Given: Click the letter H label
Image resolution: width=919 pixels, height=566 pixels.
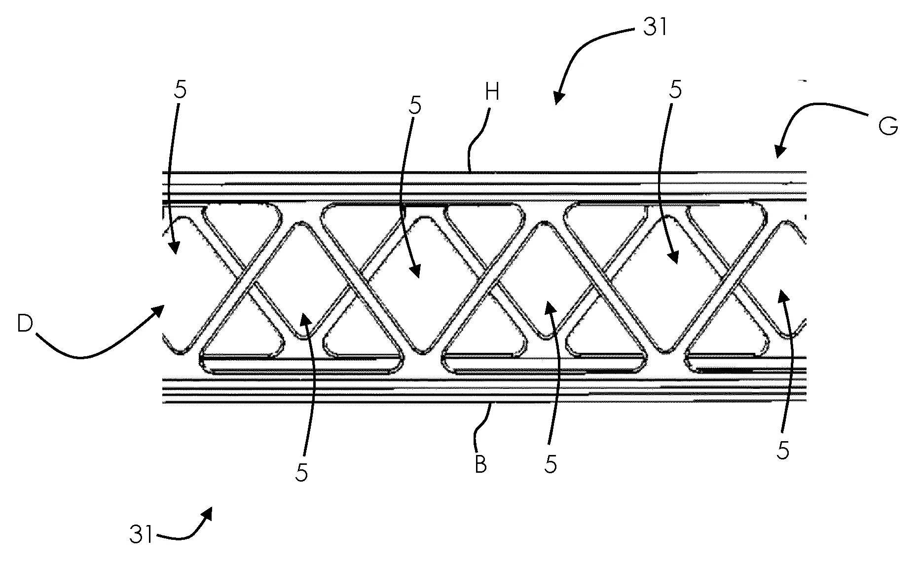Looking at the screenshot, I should [492, 93].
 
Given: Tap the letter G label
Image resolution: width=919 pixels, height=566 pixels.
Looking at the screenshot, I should [888, 126].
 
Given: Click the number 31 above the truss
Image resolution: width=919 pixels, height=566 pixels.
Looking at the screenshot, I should [655, 28].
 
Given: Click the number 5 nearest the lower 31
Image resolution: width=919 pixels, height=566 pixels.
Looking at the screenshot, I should [301, 473].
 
